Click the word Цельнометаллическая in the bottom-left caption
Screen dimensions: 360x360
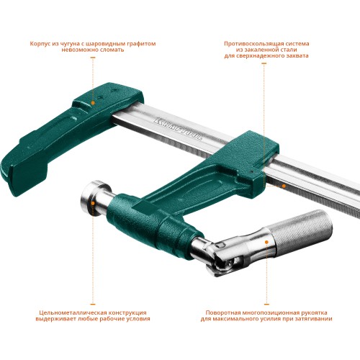pos(69,313)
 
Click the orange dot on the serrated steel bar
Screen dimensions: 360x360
pos(283,185)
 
